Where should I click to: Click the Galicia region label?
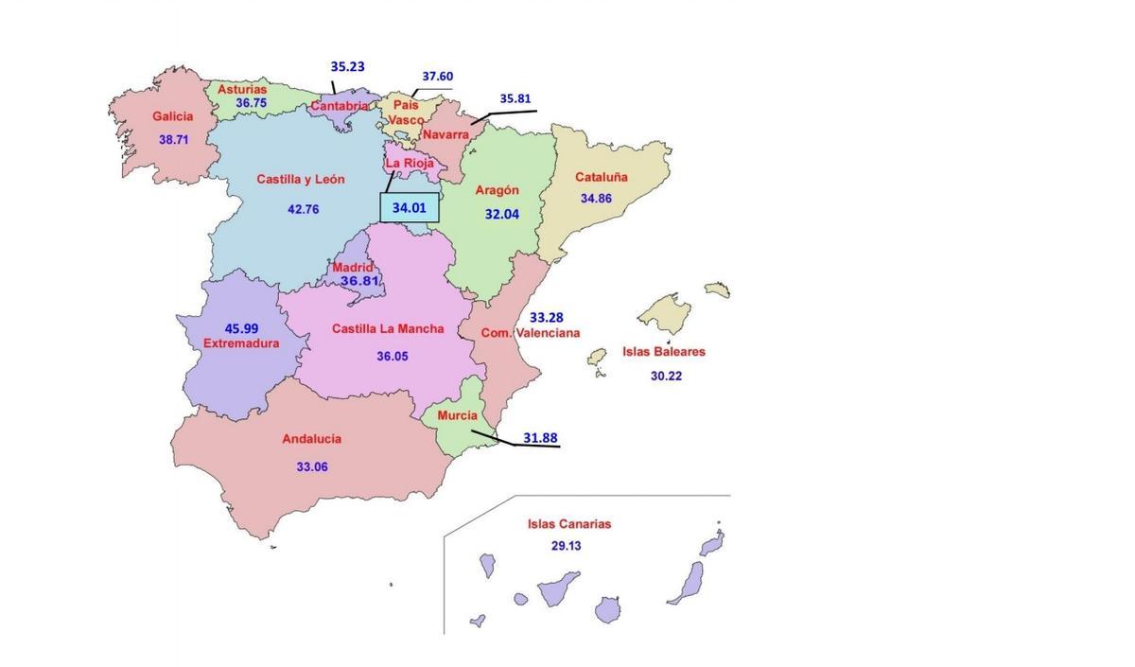click(172, 116)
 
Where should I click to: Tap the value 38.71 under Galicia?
click(174, 139)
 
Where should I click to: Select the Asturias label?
click(242, 89)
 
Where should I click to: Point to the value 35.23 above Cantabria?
click(347, 67)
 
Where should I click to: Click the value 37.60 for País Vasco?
click(437, 77)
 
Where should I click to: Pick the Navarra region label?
click(445, 135)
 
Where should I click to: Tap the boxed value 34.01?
click(410, 208)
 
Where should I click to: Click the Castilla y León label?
click(301, 179)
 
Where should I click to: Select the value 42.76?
click(304, 209)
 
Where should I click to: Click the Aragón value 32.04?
click(502, 215)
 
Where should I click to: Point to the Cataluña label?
click(602, 177)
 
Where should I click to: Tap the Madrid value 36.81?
click(359, 281)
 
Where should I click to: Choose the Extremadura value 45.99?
click(241, 328)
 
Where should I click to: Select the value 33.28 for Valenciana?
click(547, 317)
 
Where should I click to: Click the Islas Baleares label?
click(663, 351)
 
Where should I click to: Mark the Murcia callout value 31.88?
click(540, 438)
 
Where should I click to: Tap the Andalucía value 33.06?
click(312, 466)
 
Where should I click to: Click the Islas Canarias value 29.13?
click(567, 546)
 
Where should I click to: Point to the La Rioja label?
click(410, 163)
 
